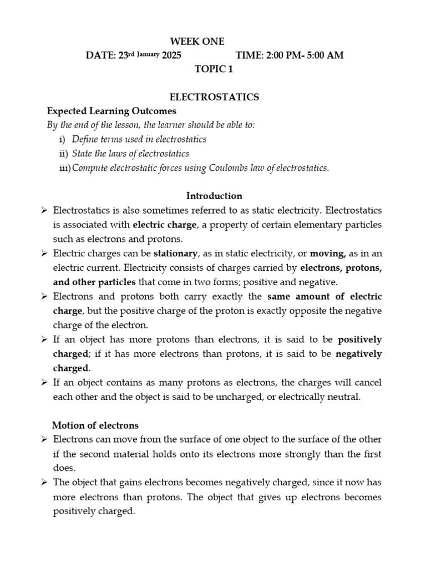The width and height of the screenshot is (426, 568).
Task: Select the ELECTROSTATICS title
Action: (215, 97)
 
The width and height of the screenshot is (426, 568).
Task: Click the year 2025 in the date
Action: (171, 55)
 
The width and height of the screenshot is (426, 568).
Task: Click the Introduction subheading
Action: (214, 196)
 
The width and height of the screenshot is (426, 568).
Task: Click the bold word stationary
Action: (175, 254)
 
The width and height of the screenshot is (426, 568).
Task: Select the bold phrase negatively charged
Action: (359, 354)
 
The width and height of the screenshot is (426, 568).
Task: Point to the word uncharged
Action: (291, 397)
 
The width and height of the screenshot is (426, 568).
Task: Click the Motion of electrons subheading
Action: (95, 425)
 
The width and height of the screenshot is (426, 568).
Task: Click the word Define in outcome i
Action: (84, 139)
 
